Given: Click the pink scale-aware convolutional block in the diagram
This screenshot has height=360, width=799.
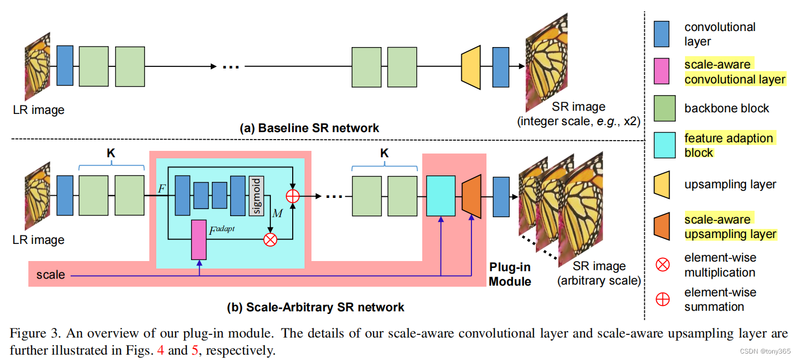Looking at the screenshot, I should coord(199,239).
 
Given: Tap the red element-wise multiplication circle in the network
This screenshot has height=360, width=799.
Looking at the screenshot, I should coord(271,239).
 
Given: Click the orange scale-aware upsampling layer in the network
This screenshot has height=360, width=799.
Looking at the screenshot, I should coord(471,196).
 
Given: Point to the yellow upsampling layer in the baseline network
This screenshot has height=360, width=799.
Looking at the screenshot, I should coord(470,66).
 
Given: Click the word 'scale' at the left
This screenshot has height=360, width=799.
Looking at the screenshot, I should coord(50,275).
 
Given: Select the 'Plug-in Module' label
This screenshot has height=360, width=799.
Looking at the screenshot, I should coord(510,273).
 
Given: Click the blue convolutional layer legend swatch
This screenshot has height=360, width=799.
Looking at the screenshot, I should coord(662,34).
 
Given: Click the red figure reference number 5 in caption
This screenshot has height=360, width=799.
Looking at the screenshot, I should coord(194,351).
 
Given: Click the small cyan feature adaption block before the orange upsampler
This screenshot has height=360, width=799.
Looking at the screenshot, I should coord(441,196).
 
